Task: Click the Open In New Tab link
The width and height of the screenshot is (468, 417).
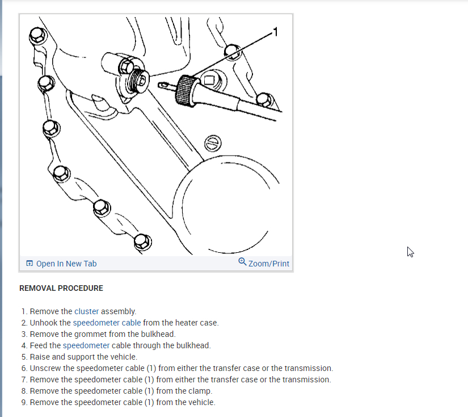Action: pos(66,264)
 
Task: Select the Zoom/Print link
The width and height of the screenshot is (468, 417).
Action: pos(269,264)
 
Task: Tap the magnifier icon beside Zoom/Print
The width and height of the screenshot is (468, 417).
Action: pos(243,262)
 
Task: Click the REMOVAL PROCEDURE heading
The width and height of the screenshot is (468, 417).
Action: pos(61,288)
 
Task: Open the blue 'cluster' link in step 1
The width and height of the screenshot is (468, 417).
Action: pos(86,311)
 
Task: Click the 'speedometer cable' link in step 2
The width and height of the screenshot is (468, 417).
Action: pos(107,323)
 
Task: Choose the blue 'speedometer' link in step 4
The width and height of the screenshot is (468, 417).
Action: pos(86,345)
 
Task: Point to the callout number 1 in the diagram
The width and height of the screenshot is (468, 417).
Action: pos(276,32)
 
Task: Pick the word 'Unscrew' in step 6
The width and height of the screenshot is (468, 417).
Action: pos(44,368)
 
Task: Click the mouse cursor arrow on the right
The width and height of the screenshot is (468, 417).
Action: pos(410,252)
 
